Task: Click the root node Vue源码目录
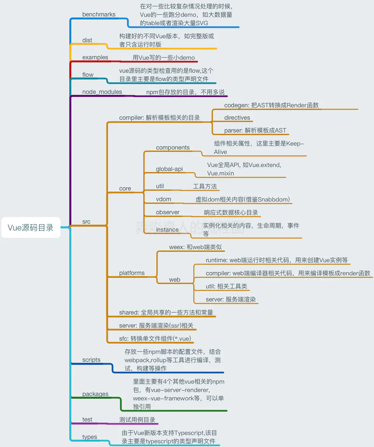pyautogui.click(x=31, y=228)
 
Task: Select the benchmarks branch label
pyautogui.click(x=99, y=14)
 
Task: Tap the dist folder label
pyautogui.click(x=87, y=40)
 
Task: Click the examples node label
pyautogui.click(x=95, y=57)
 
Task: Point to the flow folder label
pyautogui.click(x=88, y=74)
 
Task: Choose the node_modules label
pyautogui.click(x=102, y=92)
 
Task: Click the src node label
pyautogui.click(x=86, y=222)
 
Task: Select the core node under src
pyautogui.click(x=125, y=188)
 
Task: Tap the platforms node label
pyautogui.click(x=132, y=273)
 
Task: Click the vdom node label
pyautogui.click(x=164, y=199)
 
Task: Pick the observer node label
pyautogui.click(x=168, y=212)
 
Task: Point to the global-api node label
pyautogui.click(x=169, y=169)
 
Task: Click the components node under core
pyautogui.click(x=173, y=147)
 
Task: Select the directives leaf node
pyautogui.click(x=237, y=117)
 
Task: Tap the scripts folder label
pyautogui.click(x=91, y=360)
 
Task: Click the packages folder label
pyautogui.click(x=95, y=394)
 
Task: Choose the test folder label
pyautogui.click(x=87, y=420)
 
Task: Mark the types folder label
pyautogui.click(x=90, y=437)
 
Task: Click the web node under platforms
pyautogui.click(x=175, y=280)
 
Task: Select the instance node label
pyautogui.click(x=167, y=229)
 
